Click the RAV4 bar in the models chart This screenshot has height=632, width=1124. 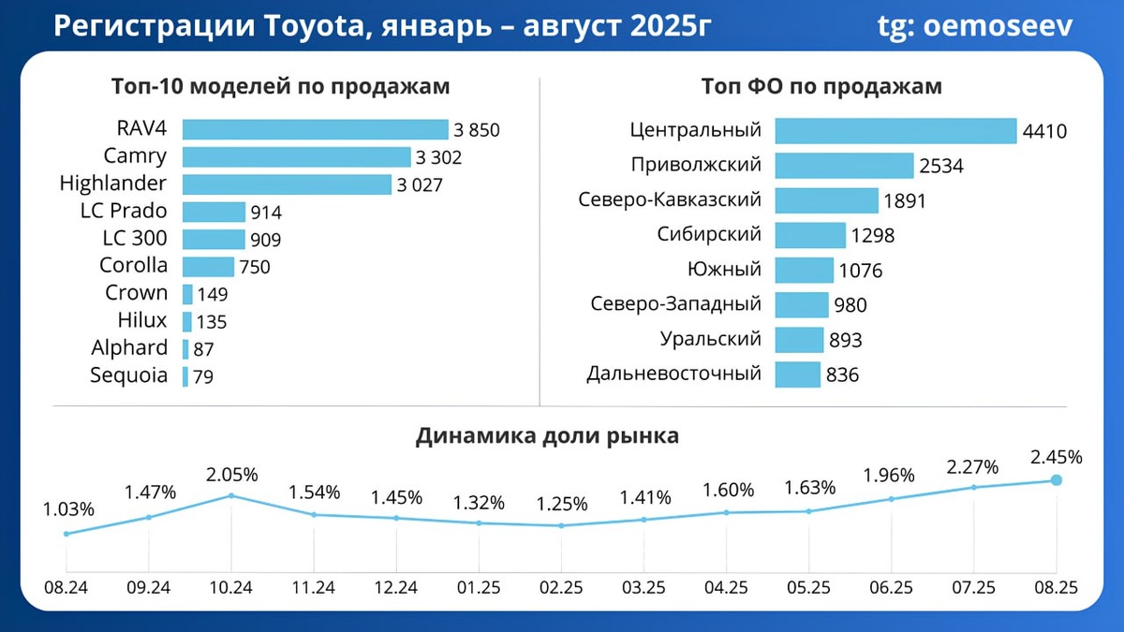315,130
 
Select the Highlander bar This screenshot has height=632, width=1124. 287,184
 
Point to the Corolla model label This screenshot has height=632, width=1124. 133,266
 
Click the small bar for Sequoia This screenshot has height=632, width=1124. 185,376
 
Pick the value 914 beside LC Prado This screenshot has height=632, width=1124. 266,213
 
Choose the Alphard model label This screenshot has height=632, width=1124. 129,348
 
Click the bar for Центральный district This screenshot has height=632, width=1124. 895,131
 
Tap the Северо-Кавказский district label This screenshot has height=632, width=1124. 670,200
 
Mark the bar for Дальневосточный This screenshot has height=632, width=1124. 798,375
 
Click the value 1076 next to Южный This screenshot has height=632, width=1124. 860,272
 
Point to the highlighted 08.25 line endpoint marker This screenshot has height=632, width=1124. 1056,480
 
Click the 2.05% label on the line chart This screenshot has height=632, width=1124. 231,473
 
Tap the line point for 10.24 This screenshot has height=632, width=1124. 231,495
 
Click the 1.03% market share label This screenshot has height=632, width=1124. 68,510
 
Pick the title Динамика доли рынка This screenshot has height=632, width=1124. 547,436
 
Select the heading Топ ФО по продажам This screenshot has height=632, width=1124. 821,87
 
